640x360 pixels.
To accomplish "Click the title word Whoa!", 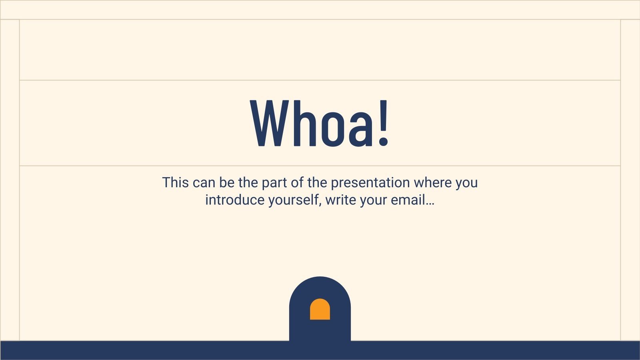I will tap(320, 123).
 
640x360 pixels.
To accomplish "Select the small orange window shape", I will tap(320, 309).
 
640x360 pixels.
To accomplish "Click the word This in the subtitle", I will tap(175, 182).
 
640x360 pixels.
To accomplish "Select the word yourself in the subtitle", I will tap(295, 200).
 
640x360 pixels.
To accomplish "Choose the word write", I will tap(340, 200).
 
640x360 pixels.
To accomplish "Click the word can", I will tap(204, 182).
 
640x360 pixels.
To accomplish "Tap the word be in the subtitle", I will tap(227, 182).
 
